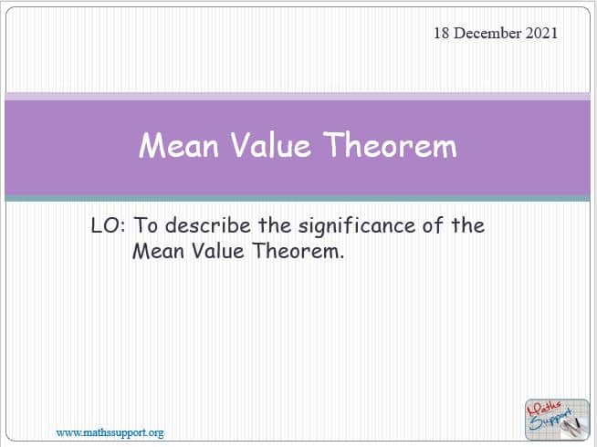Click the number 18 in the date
[442, 33]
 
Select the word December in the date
[487, 33]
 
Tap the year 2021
[541, 33]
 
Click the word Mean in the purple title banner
[179, 145]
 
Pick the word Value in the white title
[271, 145]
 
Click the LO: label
[108, 225]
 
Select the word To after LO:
[145, 225]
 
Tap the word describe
[208, 225]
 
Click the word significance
[357, 226]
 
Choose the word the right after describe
[275, 225]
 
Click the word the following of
[468, 225]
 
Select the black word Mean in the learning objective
[158, 251]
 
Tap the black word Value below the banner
[217, 251]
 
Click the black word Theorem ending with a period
[298, 251]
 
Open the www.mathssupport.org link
[110, 433]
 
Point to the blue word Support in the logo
[550, 421]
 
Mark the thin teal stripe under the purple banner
[298, 198]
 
